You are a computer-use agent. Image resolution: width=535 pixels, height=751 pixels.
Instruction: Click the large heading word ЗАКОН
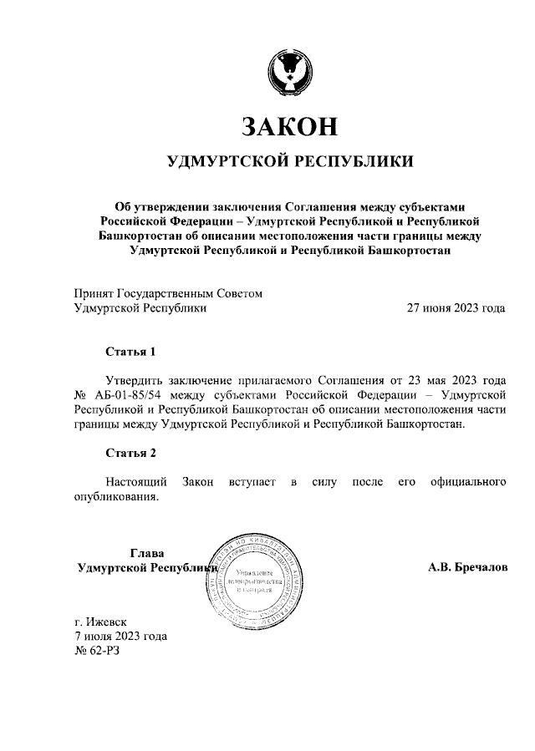289,125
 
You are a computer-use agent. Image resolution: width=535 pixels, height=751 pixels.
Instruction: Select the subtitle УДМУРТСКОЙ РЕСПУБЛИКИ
289,161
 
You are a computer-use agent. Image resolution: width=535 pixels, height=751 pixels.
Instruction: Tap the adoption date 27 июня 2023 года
456,307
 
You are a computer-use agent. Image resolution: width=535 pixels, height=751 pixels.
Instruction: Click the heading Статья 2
130,454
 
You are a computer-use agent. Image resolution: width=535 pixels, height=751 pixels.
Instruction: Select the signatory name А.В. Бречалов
467,568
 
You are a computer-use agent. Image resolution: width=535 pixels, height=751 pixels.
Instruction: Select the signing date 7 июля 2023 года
120,636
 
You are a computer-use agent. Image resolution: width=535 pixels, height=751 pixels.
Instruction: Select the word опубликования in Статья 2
116,497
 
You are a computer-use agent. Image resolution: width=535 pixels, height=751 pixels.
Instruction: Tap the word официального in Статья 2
467,482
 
